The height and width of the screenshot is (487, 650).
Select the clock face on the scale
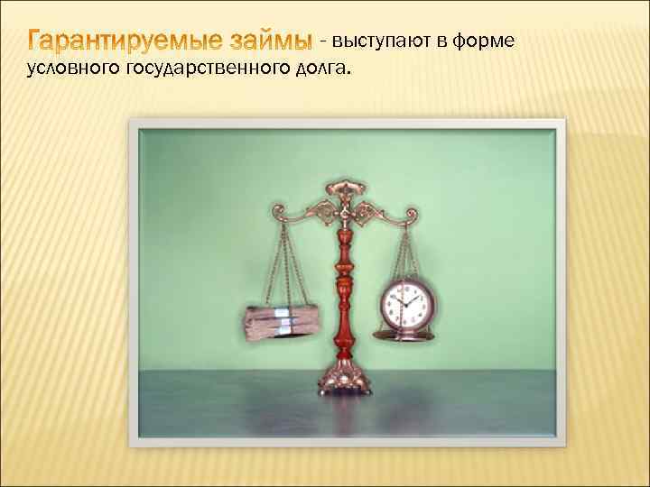click(404, 304)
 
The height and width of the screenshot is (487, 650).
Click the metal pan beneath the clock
click(404, 335)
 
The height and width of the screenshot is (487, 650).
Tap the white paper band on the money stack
click(282, 321)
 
